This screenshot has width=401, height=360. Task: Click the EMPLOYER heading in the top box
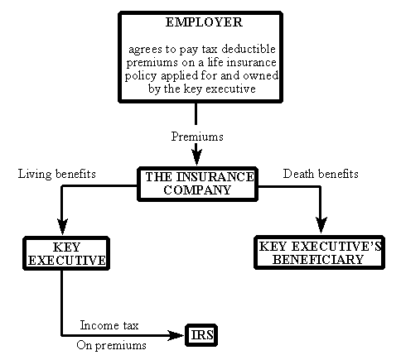coord(204,22)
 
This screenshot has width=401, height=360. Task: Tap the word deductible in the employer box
coord(249,49)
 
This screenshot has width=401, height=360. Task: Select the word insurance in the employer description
coord(251,62)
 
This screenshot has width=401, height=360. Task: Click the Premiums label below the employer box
coord(197,137)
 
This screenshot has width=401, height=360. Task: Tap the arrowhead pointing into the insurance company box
coord(196,157)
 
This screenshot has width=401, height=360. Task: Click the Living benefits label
coord(57,174)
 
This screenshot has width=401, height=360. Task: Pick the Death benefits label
coord(321,174)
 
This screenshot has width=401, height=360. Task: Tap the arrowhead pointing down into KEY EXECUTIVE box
coord(62,227)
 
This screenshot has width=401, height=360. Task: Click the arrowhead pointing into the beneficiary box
coord(321,225)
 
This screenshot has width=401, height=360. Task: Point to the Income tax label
coord(109,325)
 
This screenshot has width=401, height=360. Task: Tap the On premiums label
coord(111,345)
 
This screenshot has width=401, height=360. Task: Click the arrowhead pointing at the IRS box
coord(176,335)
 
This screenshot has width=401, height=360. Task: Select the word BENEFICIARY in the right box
coord(318,260)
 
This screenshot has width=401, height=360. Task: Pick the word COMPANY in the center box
coord(197,190)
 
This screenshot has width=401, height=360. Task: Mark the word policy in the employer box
coord(141,76)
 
